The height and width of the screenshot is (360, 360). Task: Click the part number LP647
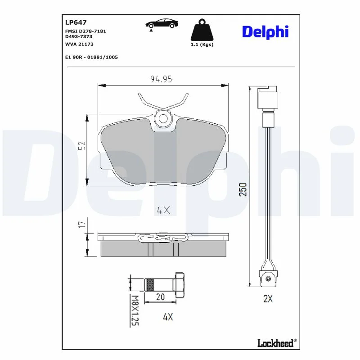[x=76, y=22]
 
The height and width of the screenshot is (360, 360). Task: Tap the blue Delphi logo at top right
[x=265, y=31]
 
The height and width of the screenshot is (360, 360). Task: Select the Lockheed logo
[x=277, y=343]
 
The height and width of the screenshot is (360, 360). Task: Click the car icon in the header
[x=162, y=24]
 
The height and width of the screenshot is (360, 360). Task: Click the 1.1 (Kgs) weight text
[x=202, y=45]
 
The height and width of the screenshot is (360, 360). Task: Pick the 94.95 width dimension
[x=162, y=79]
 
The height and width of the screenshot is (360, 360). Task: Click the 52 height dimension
[x=82, y=145]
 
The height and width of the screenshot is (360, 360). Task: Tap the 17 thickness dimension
[x=82, y=224]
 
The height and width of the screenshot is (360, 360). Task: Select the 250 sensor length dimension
[x=243, y=189]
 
